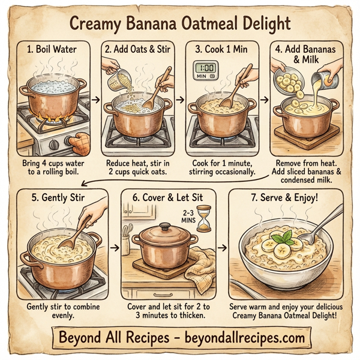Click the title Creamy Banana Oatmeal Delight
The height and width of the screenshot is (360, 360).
pyautogui.click(x=180, y=23)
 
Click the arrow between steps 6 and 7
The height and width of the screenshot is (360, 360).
pyautogui.click(x=223, y=247)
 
